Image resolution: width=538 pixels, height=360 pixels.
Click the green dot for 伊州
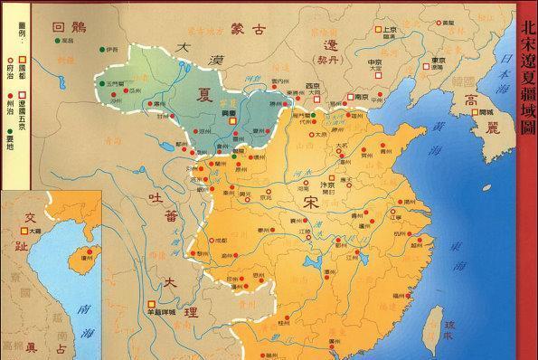(102, 49)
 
